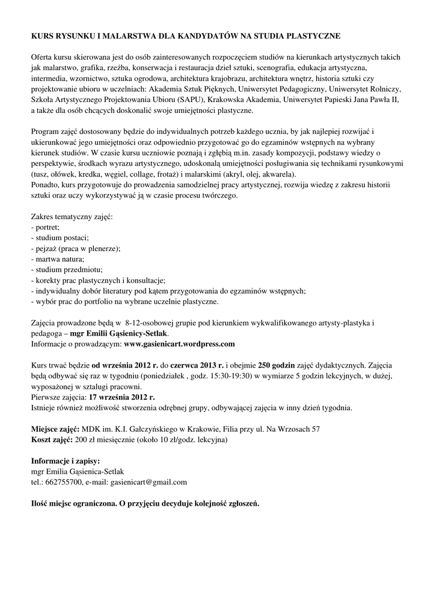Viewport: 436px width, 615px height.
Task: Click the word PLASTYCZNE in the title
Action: click(x=312, y=36)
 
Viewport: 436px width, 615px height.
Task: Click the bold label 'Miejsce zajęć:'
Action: click(x=55, y=429)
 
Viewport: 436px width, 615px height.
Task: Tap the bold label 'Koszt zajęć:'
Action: click(x=52, y=440)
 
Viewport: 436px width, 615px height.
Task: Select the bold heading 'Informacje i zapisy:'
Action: click(x=65, y=461)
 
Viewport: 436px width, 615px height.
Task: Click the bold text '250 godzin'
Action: click(x=278, y=365)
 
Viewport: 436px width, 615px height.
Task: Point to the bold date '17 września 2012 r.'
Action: click(x=121, y=397)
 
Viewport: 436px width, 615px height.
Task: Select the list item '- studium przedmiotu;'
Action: click(x=66, y=269)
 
